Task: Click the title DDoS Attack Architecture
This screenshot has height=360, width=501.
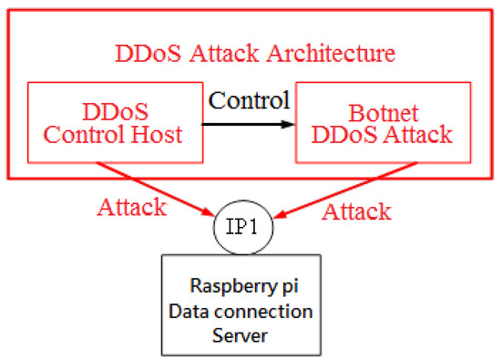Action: click(x=255, y=52)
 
